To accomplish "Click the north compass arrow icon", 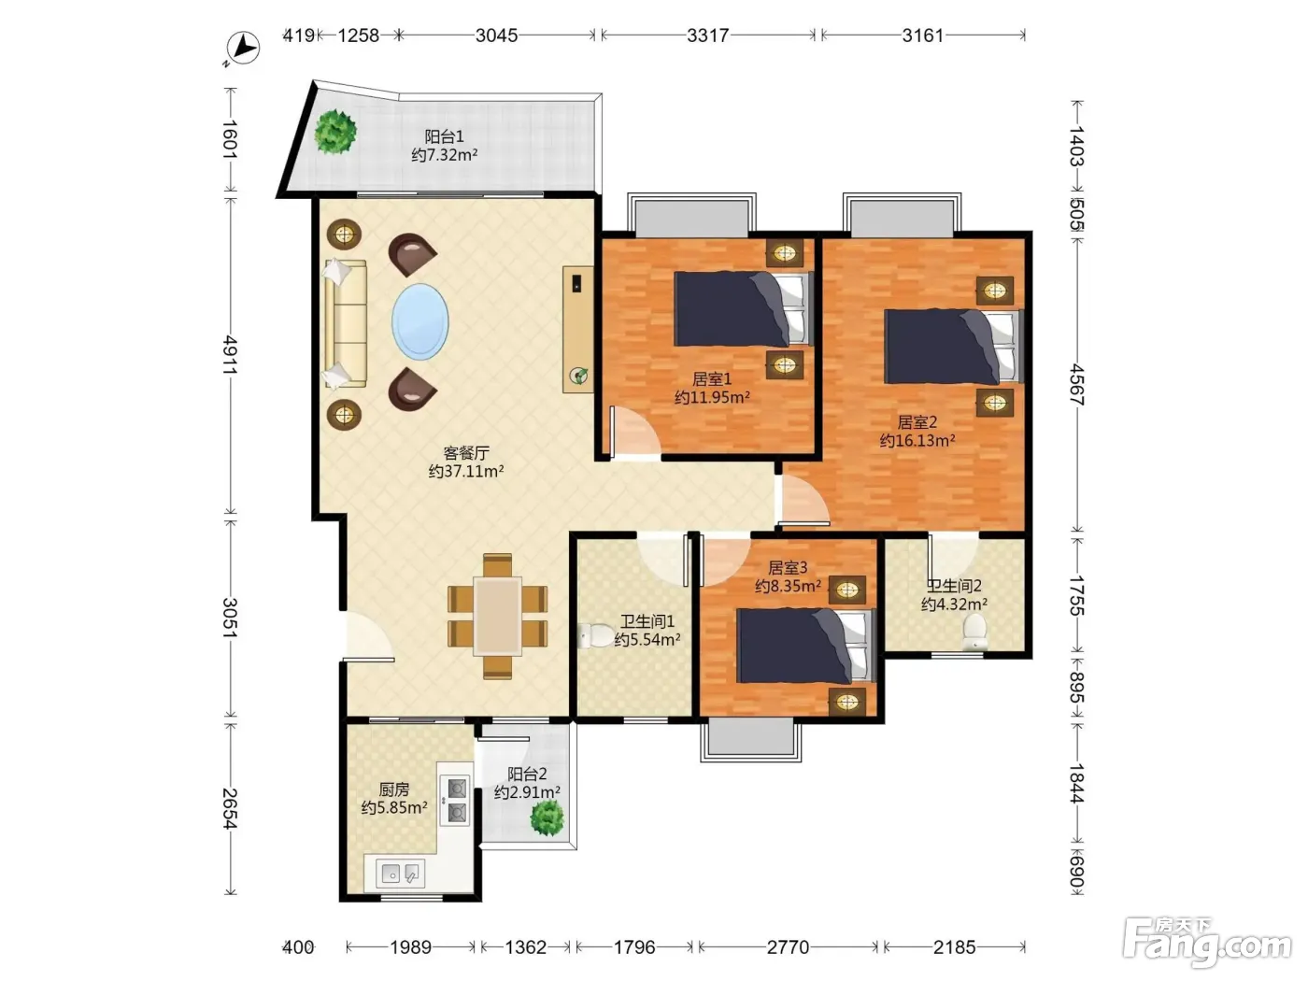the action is (242, 48).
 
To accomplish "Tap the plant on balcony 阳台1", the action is (335, 132).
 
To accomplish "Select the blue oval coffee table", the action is (420, 321).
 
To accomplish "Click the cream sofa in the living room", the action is (345, 323).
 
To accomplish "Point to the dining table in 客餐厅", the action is (497, 616).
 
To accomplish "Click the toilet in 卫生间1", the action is (595, 635).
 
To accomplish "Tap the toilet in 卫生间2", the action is (974, 632).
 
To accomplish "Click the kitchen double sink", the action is (401, 874).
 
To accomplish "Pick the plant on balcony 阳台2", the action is (547, 817).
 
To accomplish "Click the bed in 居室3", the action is (805, 646).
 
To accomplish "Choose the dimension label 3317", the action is (707, 36).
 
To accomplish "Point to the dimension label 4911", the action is (230, 356).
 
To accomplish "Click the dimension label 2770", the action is (788, 946).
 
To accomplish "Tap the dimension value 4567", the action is (1076, 384).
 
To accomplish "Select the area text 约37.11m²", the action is (466, 471).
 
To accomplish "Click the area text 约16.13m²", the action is (917, 440).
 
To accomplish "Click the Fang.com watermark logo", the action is (1206, 944).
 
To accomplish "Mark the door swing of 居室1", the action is (635, 431).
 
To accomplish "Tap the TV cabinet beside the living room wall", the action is (578, 330).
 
